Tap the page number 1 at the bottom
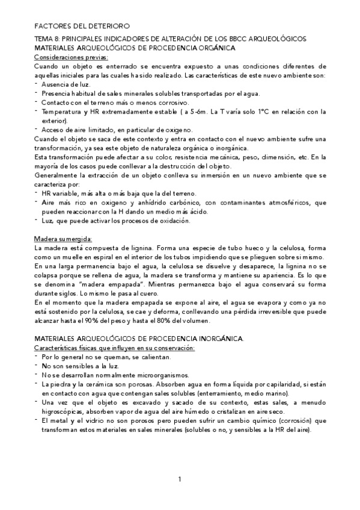tap(180, 479)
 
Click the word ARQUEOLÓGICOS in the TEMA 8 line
tap(278, 38)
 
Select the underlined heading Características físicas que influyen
tap(114, 348)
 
